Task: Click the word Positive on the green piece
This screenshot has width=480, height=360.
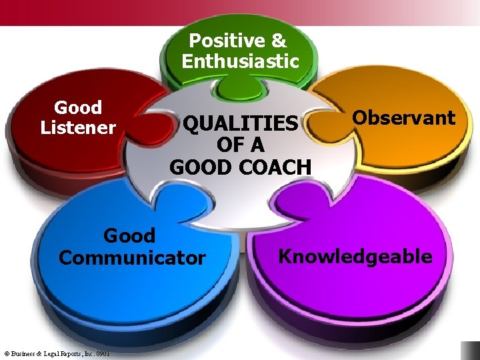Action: pos(219,41)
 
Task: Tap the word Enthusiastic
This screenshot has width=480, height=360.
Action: pos(240,62)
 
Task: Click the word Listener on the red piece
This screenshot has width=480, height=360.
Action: pos(78,127)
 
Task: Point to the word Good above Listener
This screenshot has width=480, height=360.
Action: pos(78,107)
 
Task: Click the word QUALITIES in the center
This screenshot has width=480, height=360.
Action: pos(240,124)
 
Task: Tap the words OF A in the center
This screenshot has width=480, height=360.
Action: pos(240,145)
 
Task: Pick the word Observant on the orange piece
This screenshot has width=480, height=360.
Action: pos(403,118)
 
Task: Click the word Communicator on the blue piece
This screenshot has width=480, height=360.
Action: pos(132,257)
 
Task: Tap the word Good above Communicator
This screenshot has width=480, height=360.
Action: pos(129,235)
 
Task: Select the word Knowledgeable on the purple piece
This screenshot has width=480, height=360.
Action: pos(355,256)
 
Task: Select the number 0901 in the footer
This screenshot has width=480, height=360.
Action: pos(101,353)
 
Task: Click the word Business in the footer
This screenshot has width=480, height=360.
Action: pos(23,353)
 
